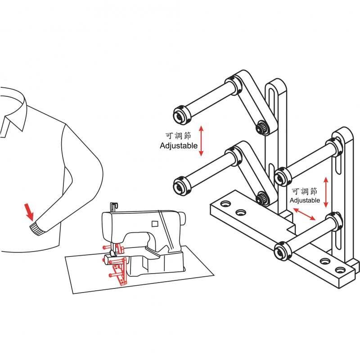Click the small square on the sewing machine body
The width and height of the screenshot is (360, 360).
(155, 224)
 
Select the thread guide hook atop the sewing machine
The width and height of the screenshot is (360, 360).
(114, 207)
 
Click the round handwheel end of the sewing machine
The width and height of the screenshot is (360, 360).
(183, 219)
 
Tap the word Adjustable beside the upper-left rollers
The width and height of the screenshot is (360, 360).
(179, 145)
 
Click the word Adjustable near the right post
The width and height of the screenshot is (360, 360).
(305, 200)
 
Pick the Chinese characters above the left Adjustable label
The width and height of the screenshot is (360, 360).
(178, 136)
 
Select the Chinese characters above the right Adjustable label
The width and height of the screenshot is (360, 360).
(305, 192)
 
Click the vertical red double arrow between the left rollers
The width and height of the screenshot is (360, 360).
(201, 141)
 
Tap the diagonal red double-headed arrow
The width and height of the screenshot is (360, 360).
(305, 214)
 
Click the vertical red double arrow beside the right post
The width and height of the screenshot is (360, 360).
(326, 193)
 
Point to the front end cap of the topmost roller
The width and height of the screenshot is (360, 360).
(180, 116)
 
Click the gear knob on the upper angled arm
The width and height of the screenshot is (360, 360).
(261, 127)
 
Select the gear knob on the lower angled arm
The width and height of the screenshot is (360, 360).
(261, 198)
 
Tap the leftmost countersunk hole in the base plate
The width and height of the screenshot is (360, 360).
(225, 204)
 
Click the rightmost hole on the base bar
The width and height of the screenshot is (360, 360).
(340, 270)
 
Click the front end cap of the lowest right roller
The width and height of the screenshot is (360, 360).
(282, 251)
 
